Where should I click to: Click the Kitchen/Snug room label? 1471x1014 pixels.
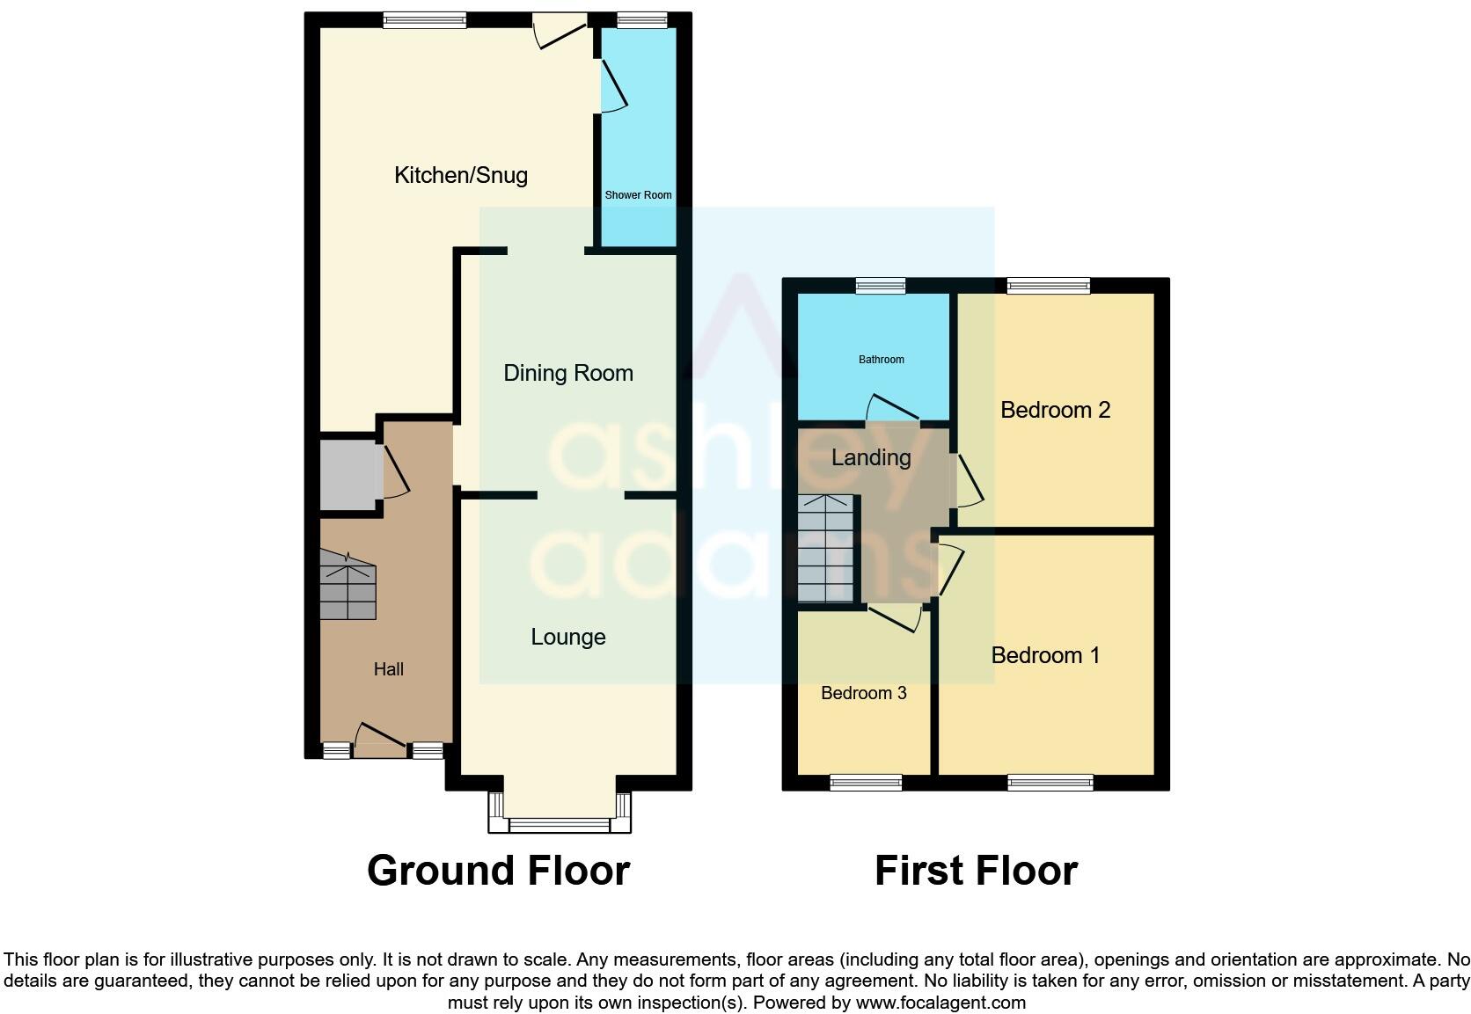click(460, 175)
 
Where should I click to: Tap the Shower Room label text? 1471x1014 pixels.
click(638, 195)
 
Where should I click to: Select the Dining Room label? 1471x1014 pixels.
click(567, 373)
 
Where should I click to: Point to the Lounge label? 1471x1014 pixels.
click(567, 637)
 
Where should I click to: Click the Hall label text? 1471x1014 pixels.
click(388, 669)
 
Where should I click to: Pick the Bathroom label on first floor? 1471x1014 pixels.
click(881, 360)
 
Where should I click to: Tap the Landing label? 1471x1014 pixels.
click(870, 457)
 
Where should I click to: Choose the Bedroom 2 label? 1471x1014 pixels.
click(1055, 410)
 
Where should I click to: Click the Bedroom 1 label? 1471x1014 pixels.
click(1044, 655)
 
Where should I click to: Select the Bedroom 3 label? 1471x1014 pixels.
click(863, 693)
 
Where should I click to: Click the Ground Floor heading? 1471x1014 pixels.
click(498, 871)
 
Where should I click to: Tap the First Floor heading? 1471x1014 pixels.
click(975, 871)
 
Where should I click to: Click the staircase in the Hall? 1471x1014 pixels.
click(348, 586)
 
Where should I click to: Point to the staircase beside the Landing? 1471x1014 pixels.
click(825, 549)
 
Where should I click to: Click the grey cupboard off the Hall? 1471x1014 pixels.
click(348, 475)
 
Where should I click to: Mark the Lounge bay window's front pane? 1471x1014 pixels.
click(560, 825)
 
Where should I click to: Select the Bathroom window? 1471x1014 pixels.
click(882, 285)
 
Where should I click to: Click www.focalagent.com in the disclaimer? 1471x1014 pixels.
click(940, 1003)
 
